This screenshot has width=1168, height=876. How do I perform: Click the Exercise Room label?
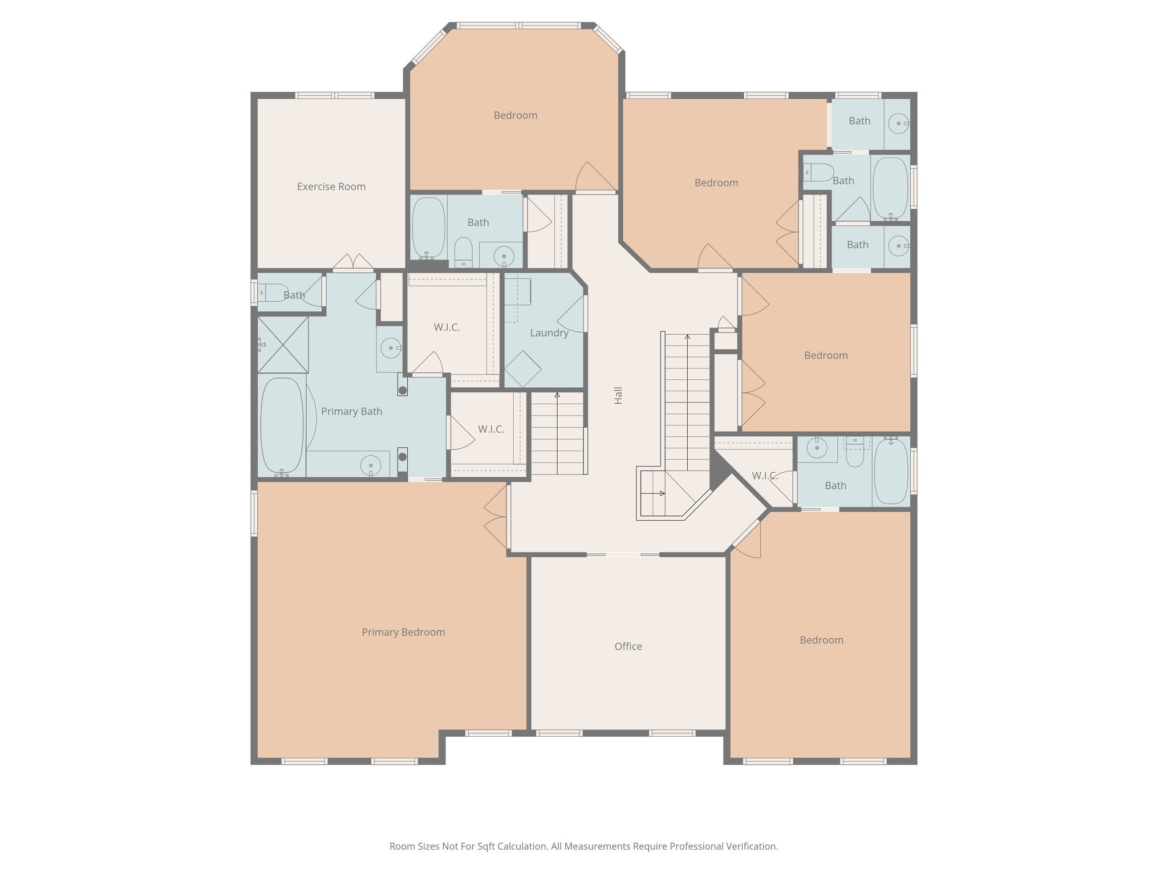coord(331,186)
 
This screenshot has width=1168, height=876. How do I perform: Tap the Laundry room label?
coord(549,333)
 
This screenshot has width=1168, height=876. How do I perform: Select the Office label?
coord(628,646)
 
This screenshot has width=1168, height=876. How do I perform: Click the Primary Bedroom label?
coord(403,632)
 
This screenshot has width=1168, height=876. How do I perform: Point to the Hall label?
coord(618,395)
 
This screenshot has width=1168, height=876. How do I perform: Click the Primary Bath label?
coord(351,411)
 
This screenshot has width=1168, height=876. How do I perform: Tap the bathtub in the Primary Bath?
coord(282,425)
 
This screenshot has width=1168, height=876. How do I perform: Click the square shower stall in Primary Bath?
coord(283,345)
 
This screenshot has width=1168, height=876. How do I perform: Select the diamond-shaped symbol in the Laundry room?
coord(522,369)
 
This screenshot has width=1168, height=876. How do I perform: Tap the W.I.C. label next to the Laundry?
coord(447,327)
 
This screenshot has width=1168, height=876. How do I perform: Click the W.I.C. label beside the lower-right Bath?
coord(764,476)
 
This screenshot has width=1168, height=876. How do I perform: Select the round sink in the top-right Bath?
coord(898,123)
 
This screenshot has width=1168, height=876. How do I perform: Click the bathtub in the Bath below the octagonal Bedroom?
coord(428,228)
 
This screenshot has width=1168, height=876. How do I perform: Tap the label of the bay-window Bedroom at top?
coord(515,115)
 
